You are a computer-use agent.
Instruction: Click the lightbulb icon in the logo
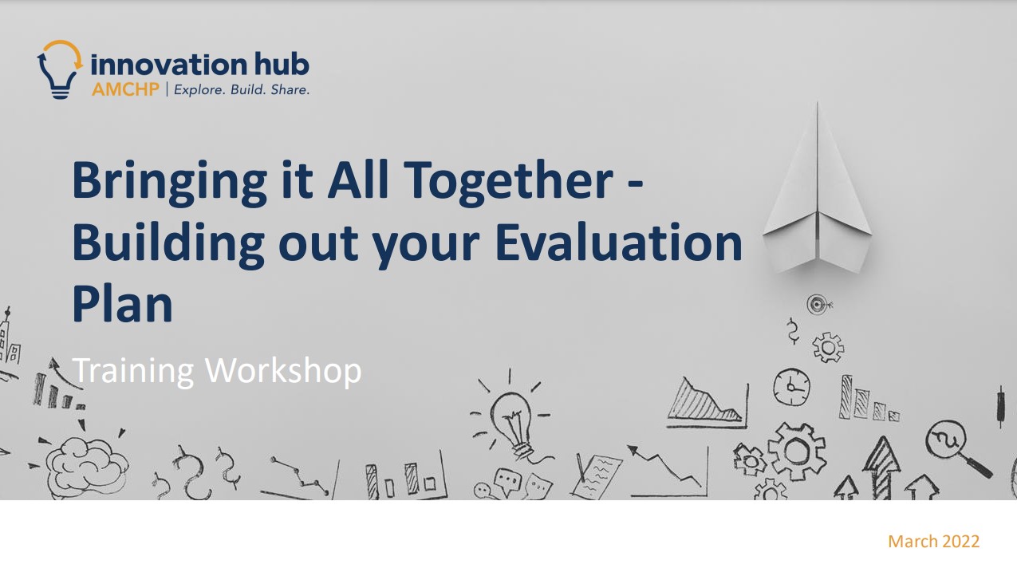coord(60,70)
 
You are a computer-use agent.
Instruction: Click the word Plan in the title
coord(122,304)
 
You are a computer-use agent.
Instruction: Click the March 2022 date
coord(933,542)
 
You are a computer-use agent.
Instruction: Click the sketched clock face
coord(791,387)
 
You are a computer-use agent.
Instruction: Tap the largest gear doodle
coord(796,451)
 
